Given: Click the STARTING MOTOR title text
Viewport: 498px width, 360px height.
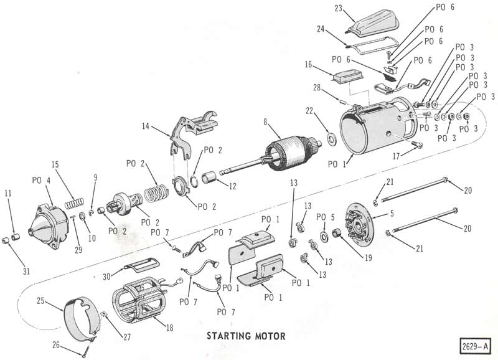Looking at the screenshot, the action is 246,336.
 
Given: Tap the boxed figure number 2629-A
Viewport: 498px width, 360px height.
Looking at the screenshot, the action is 474,346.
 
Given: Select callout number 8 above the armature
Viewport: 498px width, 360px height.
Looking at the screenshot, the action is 266,121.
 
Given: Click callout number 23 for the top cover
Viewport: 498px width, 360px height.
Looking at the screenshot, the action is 338,7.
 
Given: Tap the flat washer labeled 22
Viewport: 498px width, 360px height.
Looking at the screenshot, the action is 332,138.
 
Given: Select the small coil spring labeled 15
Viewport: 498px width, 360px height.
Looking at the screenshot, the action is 75,203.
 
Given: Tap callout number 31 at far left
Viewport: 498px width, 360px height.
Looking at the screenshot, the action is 26,271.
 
